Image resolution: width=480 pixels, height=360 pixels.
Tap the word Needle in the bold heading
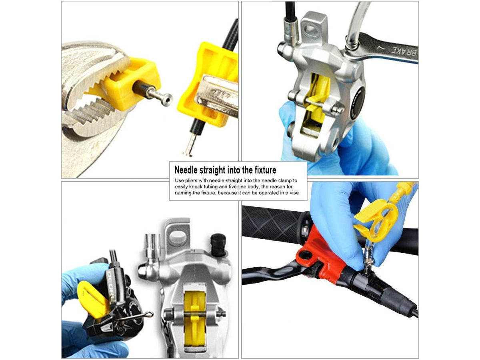coord(186,170)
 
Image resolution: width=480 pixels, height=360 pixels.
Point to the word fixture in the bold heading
coord(265,170)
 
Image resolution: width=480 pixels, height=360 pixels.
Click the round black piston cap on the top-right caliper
coord(358,103)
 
